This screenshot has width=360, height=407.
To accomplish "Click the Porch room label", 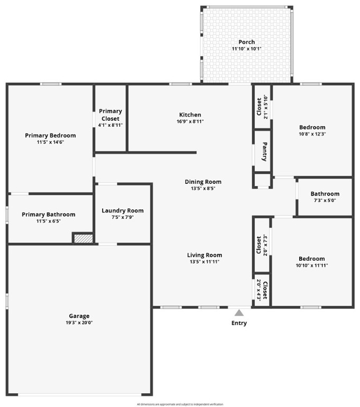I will coord(246,42).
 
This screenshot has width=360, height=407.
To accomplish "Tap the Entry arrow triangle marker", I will coord(239,313).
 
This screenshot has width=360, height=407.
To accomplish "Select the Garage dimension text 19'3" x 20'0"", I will coord(79,323).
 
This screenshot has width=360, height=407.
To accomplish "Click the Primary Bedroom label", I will coord(50,136).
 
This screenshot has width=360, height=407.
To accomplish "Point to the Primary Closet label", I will coord(110,115).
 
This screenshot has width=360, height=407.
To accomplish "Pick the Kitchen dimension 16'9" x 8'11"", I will coord(190,121).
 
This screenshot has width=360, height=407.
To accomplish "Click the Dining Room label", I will coord(203,182).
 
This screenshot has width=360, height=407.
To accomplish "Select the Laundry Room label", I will coord(122,210).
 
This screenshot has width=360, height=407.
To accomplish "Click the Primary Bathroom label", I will coord(48,215).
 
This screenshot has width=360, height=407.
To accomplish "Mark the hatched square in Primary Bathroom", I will coord(83,239).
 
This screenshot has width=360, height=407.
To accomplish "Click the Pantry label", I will coord(264,152).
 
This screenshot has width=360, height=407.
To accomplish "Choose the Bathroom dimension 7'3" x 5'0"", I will coord(325,200).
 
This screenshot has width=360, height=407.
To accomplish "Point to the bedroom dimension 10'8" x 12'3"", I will coord(312,134).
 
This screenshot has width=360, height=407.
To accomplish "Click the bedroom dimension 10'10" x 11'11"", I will coord(312,265).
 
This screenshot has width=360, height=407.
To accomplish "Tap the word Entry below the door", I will coord(239,323).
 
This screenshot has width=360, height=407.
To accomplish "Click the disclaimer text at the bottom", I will coord(180,404).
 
